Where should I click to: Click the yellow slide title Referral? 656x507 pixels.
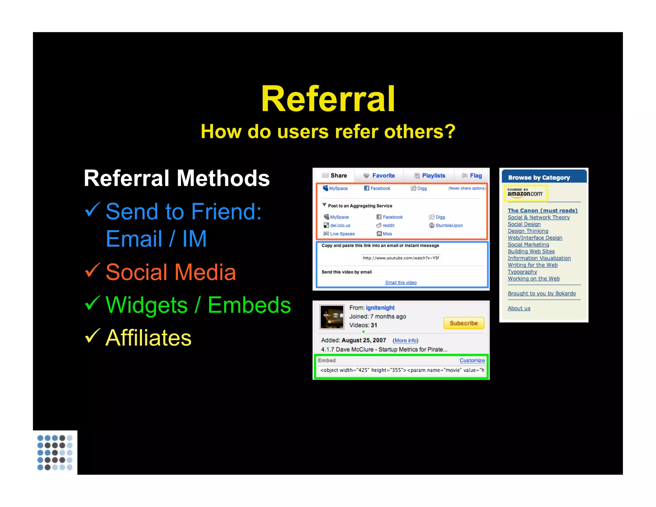[328, 99]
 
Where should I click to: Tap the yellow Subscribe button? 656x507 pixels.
[463, 323]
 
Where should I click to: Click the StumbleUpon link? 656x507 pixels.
[449, 225]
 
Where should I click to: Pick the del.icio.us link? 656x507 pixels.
[340, 225]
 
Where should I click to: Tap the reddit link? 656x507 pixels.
[388, 225]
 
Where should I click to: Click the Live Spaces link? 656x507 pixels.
[342, 234]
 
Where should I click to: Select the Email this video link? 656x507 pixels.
[401, 282]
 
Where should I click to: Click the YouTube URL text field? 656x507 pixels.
[401, 258]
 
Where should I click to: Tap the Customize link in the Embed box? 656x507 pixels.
[472, 360]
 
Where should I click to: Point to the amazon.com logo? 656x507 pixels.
[525, 193]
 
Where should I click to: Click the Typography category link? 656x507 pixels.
[522, 272]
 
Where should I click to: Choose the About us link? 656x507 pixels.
[519, 308]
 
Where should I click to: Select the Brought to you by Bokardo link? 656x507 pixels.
[541, 293]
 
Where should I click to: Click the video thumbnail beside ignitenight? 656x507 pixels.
[332, 317]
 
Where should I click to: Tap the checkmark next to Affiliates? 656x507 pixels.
[93, 336]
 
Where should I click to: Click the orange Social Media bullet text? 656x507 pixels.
[171, 272]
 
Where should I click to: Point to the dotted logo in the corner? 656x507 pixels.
[55, 452]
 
